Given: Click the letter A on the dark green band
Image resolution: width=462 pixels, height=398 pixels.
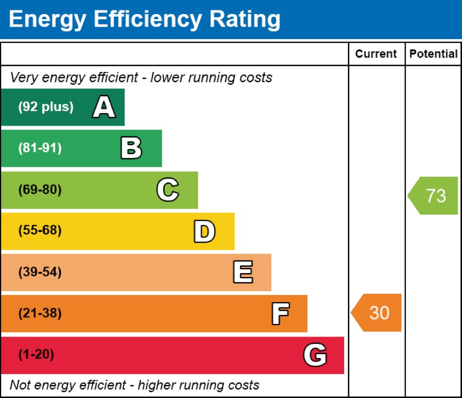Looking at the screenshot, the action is (104, 107).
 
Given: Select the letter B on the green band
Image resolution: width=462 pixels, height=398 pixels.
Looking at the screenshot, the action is (131, 148).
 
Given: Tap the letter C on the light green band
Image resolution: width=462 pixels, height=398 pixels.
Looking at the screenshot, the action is (168, 190).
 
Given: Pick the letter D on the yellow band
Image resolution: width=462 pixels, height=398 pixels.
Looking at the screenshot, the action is (204, 231).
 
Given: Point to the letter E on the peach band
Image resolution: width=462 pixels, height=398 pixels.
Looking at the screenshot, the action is (243, 272).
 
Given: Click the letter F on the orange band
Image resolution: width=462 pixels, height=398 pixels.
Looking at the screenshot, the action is (281, 314).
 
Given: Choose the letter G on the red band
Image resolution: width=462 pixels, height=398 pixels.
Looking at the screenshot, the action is (315, 355).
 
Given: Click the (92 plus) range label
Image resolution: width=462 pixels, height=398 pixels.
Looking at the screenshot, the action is (46, 107).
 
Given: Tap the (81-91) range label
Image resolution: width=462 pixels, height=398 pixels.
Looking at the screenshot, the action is (40, 148).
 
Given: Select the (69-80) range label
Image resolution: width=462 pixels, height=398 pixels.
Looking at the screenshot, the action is (40, 190).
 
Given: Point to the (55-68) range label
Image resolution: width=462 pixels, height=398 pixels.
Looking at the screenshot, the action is (40, 230).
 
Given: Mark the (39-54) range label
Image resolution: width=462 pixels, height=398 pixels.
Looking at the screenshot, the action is (40, 272).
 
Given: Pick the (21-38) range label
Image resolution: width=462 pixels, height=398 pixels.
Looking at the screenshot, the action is (40, 313).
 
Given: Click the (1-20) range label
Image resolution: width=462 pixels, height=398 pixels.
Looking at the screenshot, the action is (37, 354).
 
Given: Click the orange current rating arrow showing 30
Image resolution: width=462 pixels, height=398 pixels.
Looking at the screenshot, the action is (376, 313).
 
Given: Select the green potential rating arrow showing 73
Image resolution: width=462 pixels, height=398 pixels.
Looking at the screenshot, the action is (433, 195).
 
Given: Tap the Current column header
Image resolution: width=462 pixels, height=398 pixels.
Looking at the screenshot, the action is (376, 54).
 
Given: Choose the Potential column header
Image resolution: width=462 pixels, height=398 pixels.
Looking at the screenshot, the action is (433, 54).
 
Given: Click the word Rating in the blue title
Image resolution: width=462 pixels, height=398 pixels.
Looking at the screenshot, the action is (245, 20).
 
